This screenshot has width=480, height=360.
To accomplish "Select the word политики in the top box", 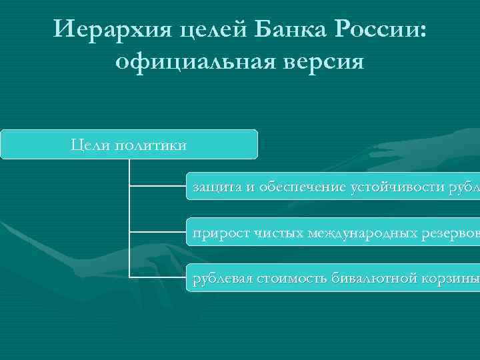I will [151, 145].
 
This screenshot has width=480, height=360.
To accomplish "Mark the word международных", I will [363, 233].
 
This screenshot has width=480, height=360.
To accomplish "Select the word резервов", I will [449, 233].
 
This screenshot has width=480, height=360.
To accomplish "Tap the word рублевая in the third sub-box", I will [222, 278].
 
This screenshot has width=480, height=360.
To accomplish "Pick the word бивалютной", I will [374, 278].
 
